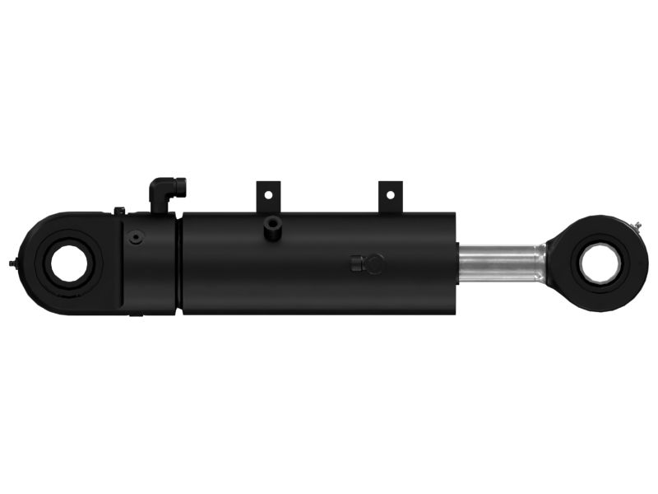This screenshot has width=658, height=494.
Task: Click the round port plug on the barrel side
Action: [373, 264]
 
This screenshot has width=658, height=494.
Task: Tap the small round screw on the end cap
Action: [137, 238]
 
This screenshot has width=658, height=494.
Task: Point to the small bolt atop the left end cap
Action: [119, 212]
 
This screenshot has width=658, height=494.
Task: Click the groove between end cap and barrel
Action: [178, 263]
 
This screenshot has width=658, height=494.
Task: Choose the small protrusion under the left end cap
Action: [136, 315]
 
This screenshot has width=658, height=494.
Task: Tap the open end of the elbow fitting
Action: [181, 187]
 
